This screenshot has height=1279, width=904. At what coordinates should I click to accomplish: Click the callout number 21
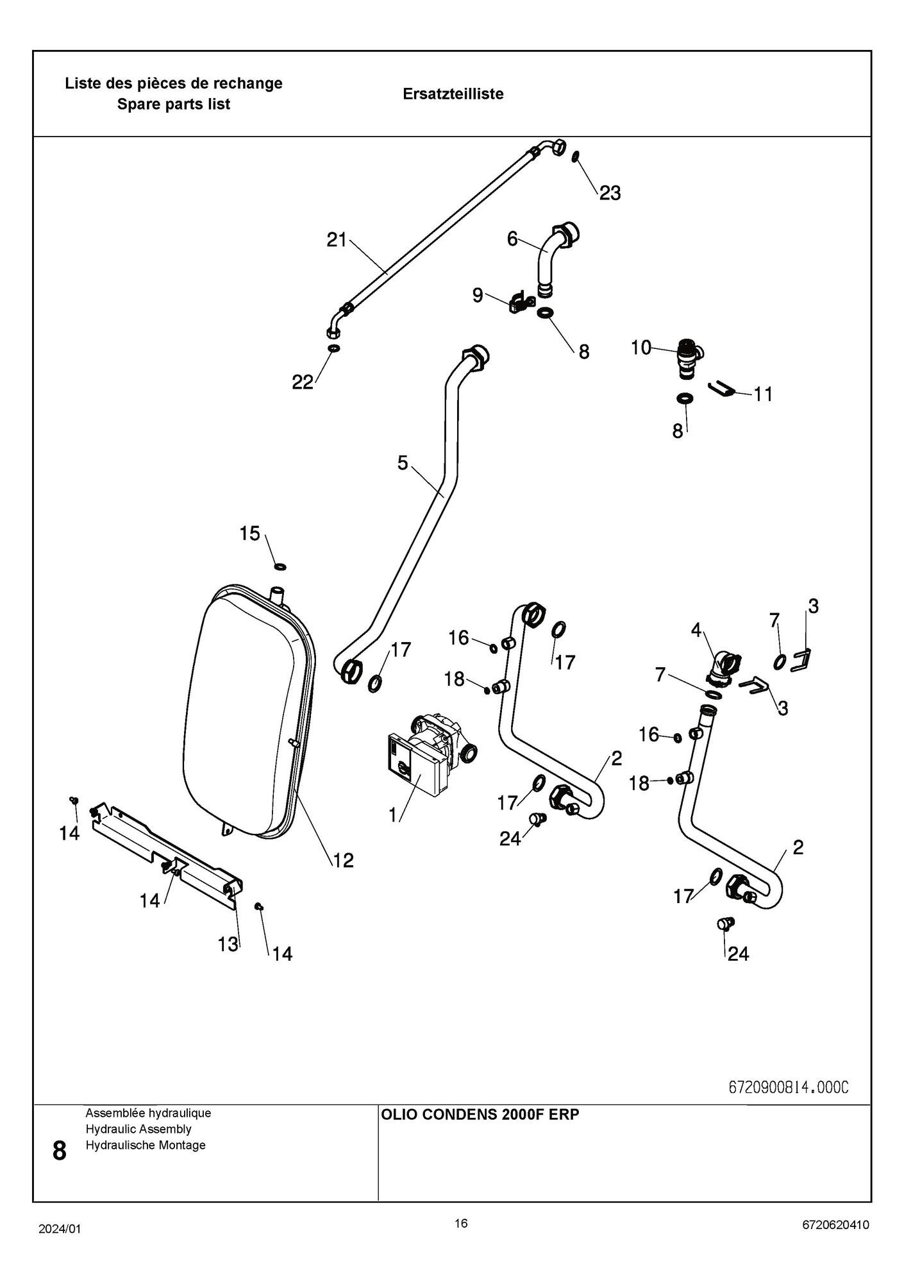337,241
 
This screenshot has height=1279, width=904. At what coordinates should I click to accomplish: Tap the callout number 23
610,193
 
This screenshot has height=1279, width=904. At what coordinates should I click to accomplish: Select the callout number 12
343,860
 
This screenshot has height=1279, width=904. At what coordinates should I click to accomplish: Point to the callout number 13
228,944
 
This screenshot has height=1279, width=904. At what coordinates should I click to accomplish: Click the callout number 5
403,463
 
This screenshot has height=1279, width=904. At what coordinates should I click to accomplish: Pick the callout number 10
641,348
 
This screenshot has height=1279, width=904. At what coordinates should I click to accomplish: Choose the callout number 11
763,394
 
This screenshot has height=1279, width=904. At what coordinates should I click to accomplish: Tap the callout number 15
250,533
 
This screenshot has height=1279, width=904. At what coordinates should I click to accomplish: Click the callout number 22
303,382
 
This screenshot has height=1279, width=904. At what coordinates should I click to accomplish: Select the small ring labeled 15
280,566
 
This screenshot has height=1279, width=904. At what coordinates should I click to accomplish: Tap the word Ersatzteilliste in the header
453,94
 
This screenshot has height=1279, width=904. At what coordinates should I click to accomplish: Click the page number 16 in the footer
461,1223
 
